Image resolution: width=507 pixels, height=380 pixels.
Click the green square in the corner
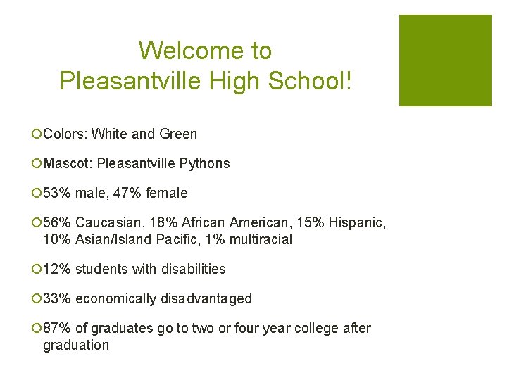[x=445, y=61]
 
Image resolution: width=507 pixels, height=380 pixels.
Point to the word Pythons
[x=204, y=163]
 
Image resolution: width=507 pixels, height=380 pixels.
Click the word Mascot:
[x=68, y=163]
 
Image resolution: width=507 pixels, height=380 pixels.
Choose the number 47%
[x=127, y=193]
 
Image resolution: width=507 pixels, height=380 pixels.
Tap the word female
[x=166, y=193]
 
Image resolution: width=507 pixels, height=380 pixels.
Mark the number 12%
[x=57, y=269]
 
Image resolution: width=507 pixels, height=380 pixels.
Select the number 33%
[x=57, y=298]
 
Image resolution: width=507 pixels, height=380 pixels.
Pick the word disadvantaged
[x=206, y=298]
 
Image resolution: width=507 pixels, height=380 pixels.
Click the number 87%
[x=57, y=328]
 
